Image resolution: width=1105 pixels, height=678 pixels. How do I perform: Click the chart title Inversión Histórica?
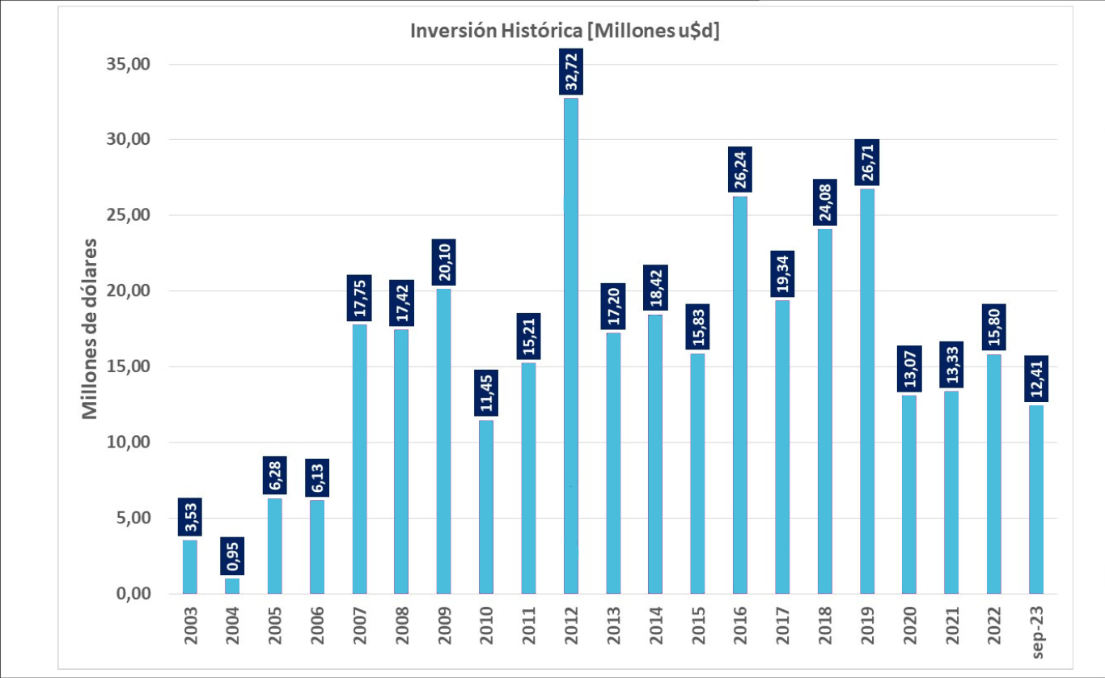coord(565,31)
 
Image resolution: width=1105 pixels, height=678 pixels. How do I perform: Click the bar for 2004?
coord(232,586)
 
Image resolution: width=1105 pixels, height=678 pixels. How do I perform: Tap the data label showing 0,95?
coord(232,556)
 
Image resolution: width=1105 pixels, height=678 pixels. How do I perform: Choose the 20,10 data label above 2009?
coord(444,262)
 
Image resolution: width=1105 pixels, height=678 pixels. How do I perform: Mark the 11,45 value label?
coord(486,393)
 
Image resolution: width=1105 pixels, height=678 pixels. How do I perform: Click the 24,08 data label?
coord(824,204)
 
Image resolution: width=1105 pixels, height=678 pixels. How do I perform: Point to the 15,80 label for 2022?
coord(993,328)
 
